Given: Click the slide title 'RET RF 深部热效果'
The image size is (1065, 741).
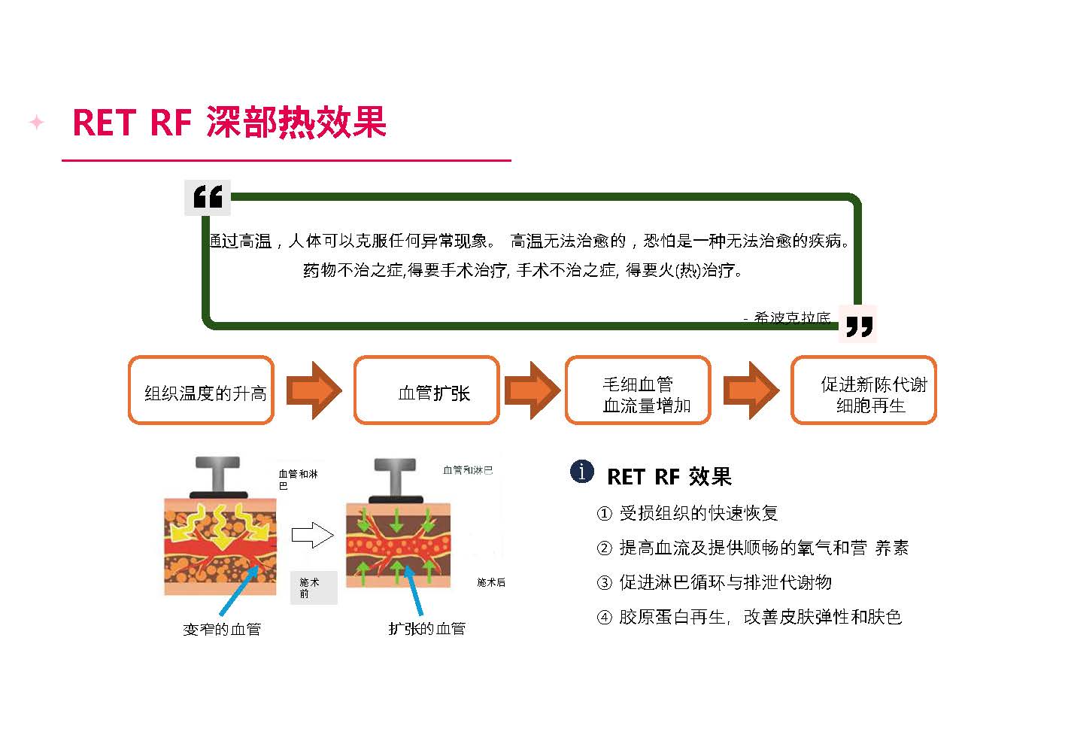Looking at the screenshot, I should tap(229, 123).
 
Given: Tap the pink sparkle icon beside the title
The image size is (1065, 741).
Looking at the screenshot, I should tap(36, 122).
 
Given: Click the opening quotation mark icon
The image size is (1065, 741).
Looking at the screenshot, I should tap(208, 197).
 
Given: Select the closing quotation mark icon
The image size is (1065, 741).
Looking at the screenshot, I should tap(858, 326).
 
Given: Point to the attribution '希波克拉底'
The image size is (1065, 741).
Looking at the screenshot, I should tap(792, 318).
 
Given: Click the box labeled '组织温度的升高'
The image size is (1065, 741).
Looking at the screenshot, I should tap(201, 390).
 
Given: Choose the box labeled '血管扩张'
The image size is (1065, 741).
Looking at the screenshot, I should tap(426, 390).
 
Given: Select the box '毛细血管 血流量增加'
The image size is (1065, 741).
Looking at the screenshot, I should tap(638, 390).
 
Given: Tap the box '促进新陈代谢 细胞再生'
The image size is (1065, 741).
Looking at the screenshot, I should tap(863, 390).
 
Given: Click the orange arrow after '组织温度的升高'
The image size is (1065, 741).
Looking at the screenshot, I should tap(314, 390).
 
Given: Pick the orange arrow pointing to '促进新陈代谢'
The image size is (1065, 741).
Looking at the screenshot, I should tap(751, 390).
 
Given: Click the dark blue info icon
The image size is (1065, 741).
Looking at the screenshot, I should tap(582, 472).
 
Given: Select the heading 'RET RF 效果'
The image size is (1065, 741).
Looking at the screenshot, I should tap(669, 476).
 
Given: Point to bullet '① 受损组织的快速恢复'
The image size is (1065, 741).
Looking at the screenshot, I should tap(687, 513).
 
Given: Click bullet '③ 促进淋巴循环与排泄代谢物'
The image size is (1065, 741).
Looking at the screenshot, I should tap(714, 582).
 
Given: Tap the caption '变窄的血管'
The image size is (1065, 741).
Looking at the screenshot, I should tap(222, 629).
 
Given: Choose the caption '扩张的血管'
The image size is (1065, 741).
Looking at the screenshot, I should tap(426, 628).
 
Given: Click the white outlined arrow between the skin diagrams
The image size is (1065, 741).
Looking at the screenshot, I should tap(311, 536).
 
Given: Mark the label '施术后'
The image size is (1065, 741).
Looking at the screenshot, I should tap(491, 582).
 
